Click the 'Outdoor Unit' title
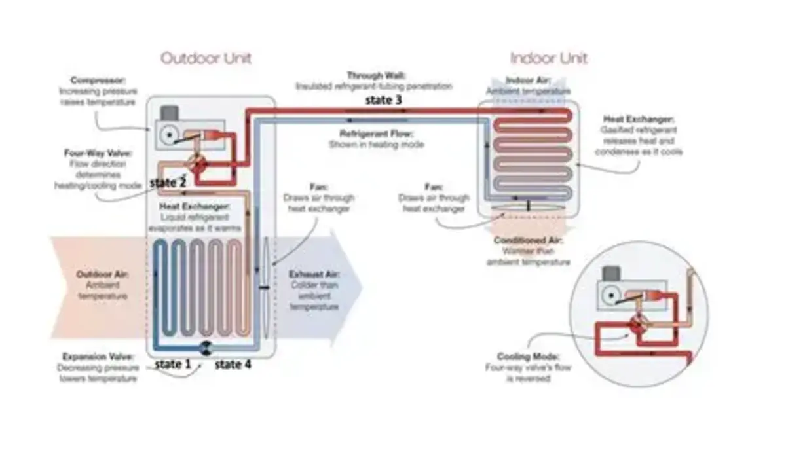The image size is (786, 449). [206, 58]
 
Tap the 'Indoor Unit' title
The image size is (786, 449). [548, 58]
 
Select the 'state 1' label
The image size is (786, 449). [172, 365]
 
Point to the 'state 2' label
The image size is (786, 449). [167, 183]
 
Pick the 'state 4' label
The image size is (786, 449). [233, 365]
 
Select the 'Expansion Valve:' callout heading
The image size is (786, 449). [98, 357]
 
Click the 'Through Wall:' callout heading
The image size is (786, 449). [373, 76]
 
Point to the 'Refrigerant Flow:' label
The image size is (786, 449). [376, 134]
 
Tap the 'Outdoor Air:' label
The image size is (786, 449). [103, 274]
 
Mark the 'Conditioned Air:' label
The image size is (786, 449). [528, 240]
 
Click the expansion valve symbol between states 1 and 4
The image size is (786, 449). [203, 348]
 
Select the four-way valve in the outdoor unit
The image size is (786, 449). [195, 162]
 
